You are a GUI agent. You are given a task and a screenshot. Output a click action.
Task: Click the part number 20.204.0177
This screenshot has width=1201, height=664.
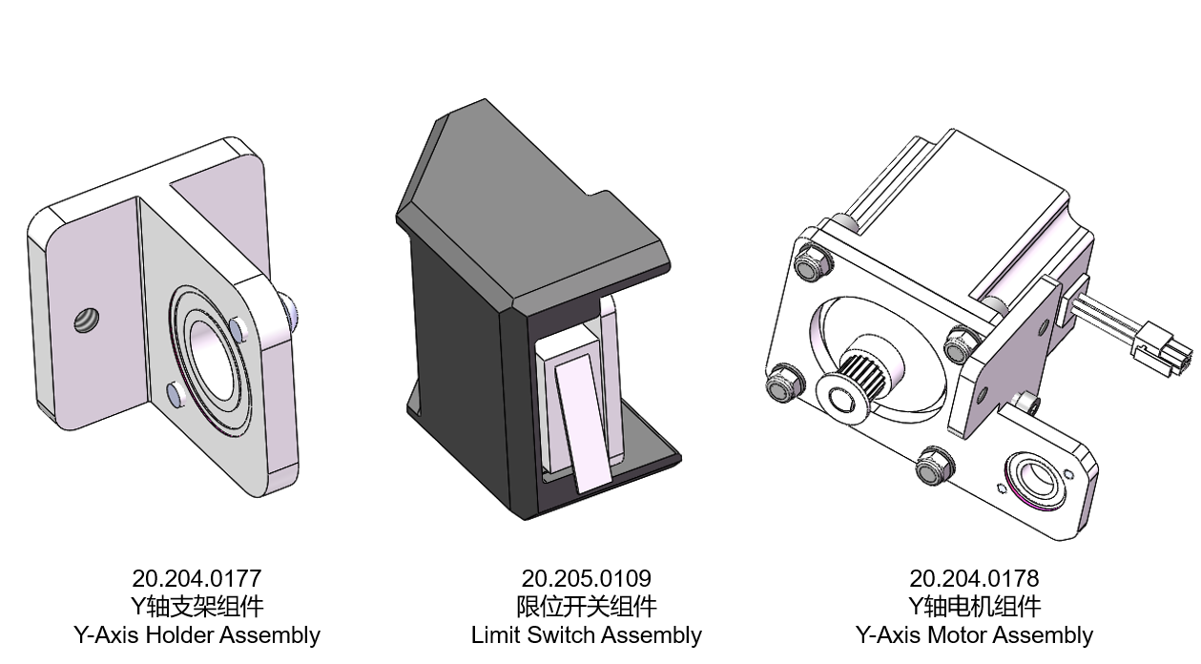point(197,578)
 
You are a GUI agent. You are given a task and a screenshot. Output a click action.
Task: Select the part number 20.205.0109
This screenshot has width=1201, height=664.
point(586,578)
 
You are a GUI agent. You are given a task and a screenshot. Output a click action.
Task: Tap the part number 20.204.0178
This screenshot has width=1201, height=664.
point(974,578)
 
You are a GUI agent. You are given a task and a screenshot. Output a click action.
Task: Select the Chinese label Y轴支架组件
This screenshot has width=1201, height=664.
point(197,607)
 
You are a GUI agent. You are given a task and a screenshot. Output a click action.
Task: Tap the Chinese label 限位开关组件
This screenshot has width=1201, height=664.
point(586,607)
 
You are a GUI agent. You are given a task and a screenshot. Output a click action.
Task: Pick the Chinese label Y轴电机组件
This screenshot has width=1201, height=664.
point(974,607)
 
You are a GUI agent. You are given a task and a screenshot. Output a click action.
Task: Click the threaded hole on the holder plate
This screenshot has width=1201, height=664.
point(86,321)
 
